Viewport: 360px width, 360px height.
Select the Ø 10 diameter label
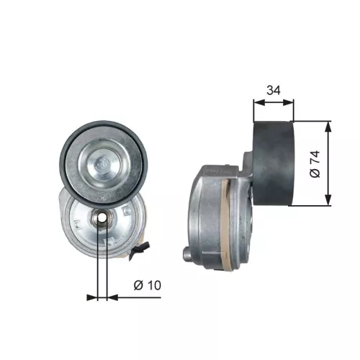pos(147,285)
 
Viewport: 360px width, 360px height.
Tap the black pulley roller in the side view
pos(274,163)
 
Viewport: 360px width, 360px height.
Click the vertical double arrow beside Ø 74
pos(329,163)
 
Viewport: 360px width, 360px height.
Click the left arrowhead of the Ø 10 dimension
pos(91,296)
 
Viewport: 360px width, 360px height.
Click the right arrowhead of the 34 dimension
pos(292,103)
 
